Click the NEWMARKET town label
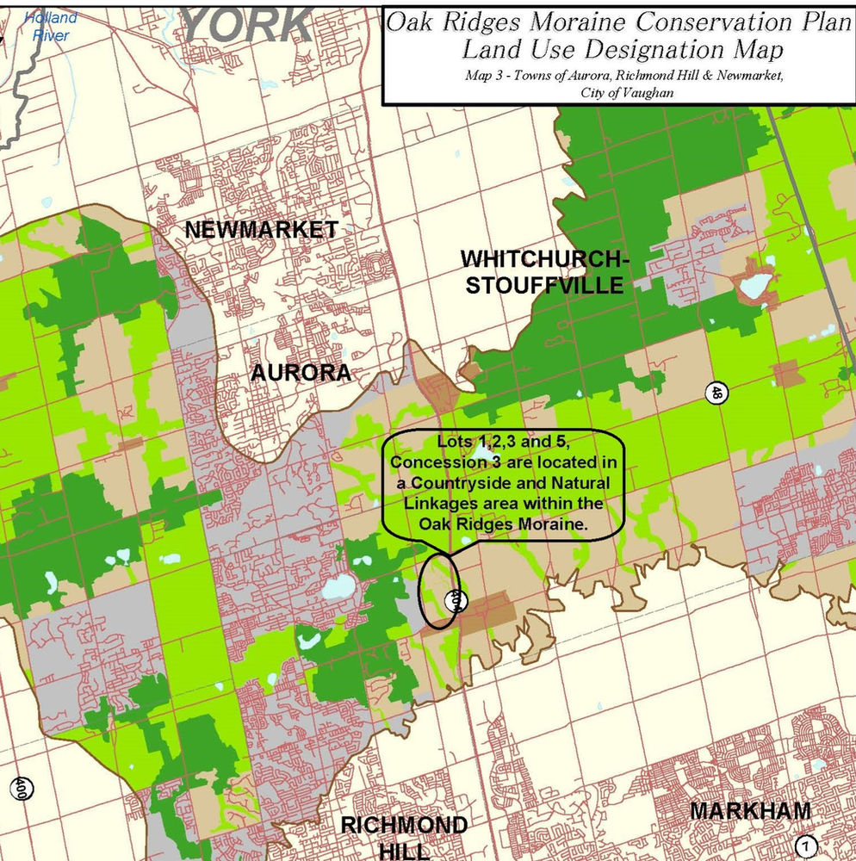(x=261, y=230)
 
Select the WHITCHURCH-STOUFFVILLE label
(x=543, y=271)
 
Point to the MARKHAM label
(x=750, y=811)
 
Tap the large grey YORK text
(x=248, y=25)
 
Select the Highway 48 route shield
(x=715, y=393)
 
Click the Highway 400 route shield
(x=19, y=788)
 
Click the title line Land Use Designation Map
(x=623, y=49)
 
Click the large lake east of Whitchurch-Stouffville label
(x=754, y=285)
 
